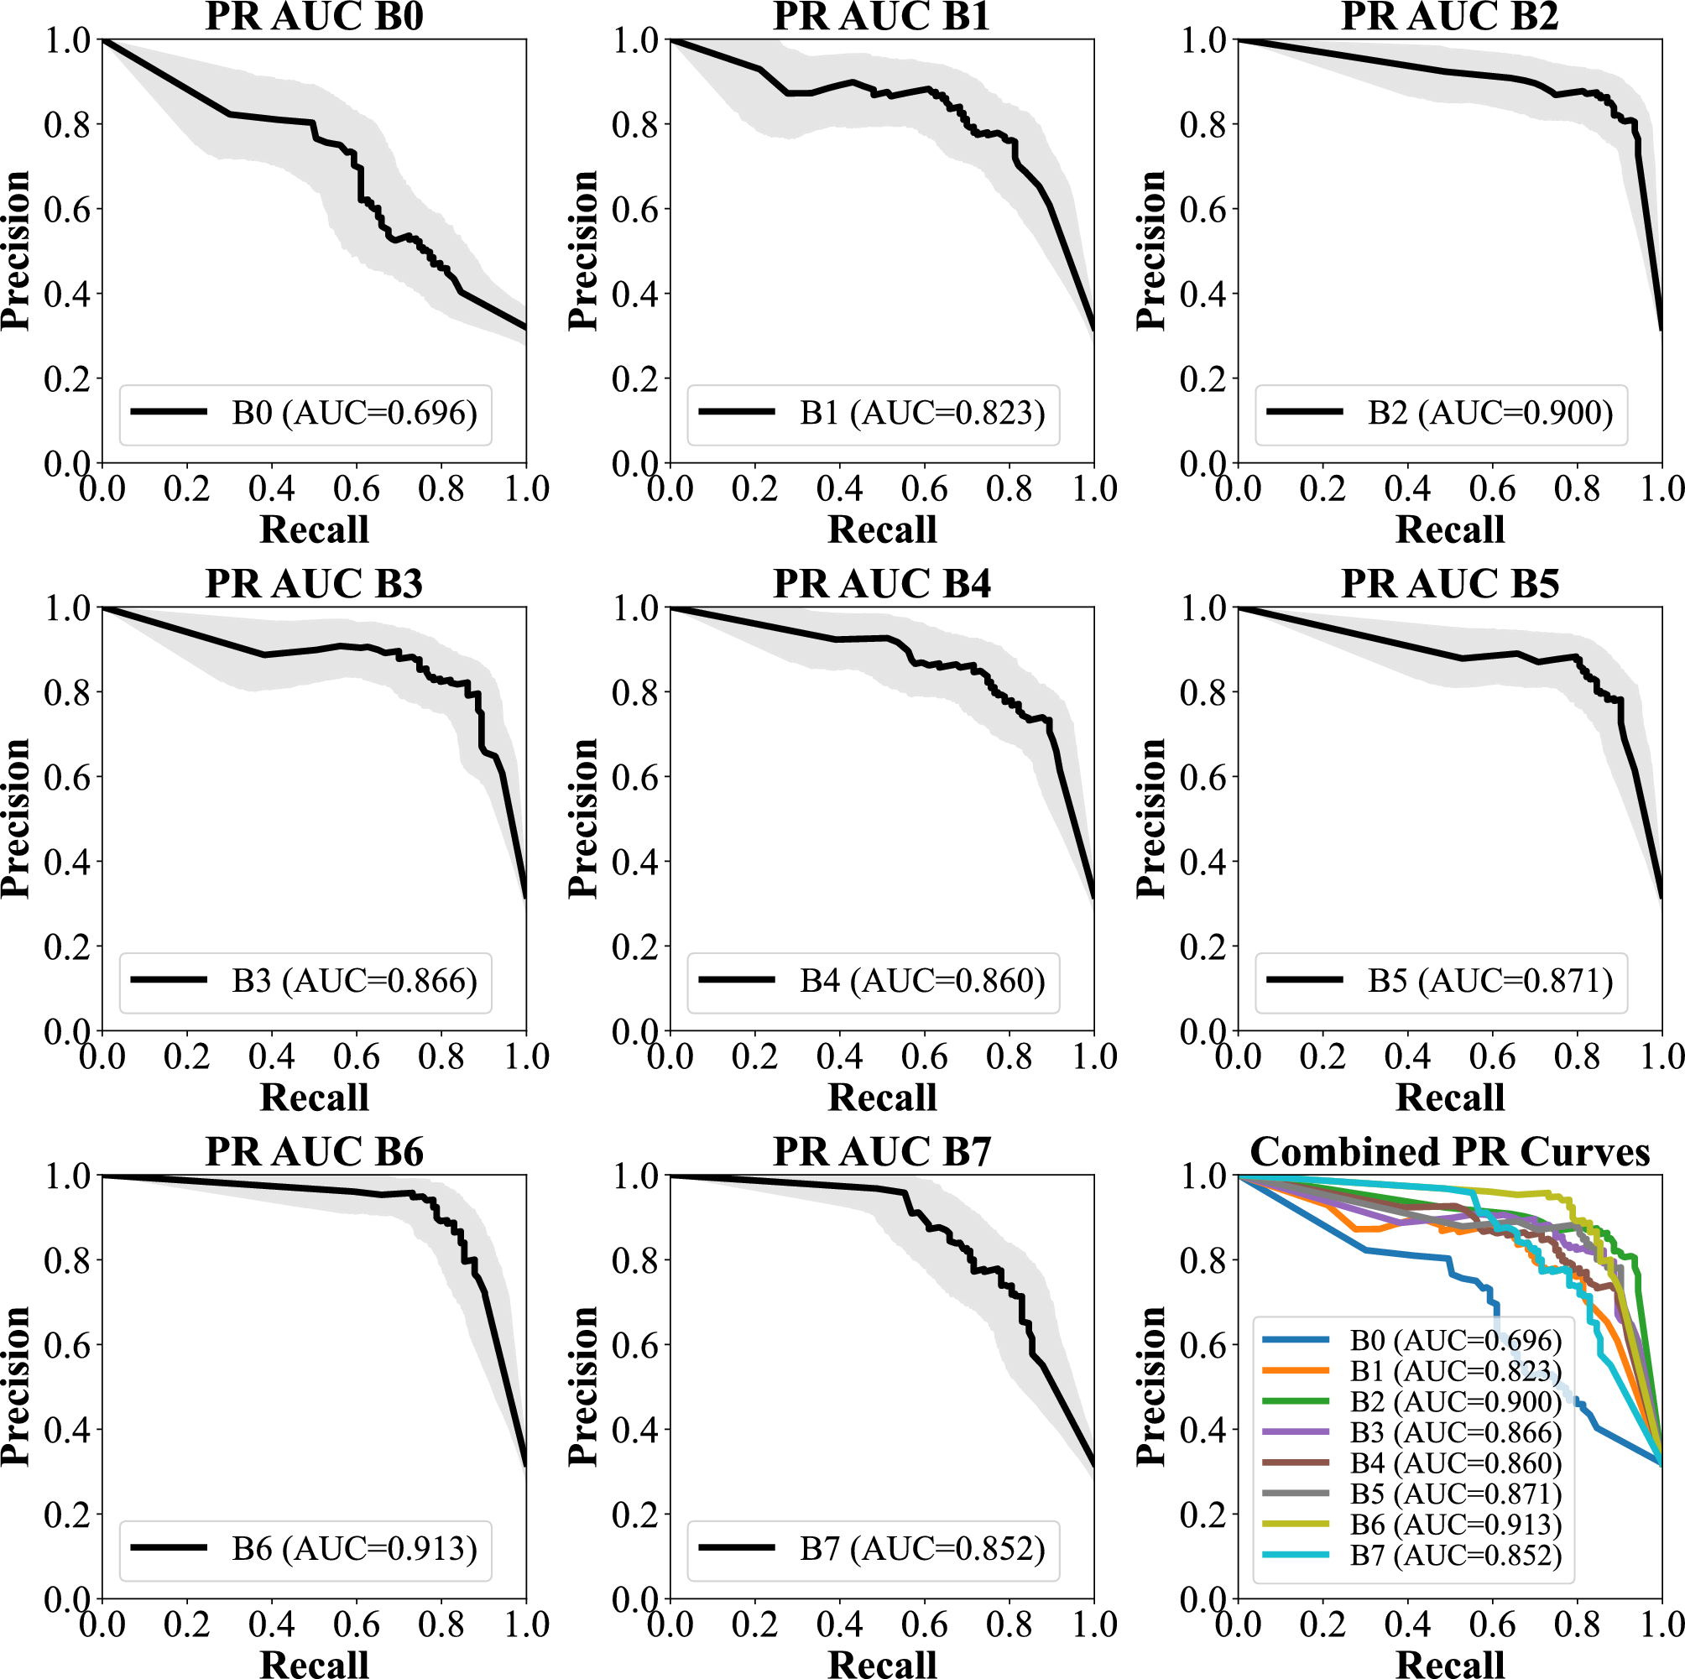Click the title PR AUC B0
(314, 18)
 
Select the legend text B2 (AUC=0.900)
(1490, 413)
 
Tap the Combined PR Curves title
(1449, 1152)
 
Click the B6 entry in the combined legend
(1456, 1524)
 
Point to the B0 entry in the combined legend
(1456, 1340)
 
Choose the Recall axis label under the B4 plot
(882, 1098)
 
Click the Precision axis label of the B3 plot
(16, 818)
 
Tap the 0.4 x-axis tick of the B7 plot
(839, 1624)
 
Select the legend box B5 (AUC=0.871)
(1441, 981)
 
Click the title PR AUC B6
(314, 1152)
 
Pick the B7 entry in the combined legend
(1456, 1554)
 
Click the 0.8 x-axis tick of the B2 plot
(1577, 488)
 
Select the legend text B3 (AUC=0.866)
(354, 981)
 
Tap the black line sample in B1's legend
(736, 412)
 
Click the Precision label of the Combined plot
(1151, 1386)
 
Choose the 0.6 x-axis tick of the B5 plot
(1492, 1056)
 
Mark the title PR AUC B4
(882, 584)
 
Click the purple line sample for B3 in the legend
(1296, 1432)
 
